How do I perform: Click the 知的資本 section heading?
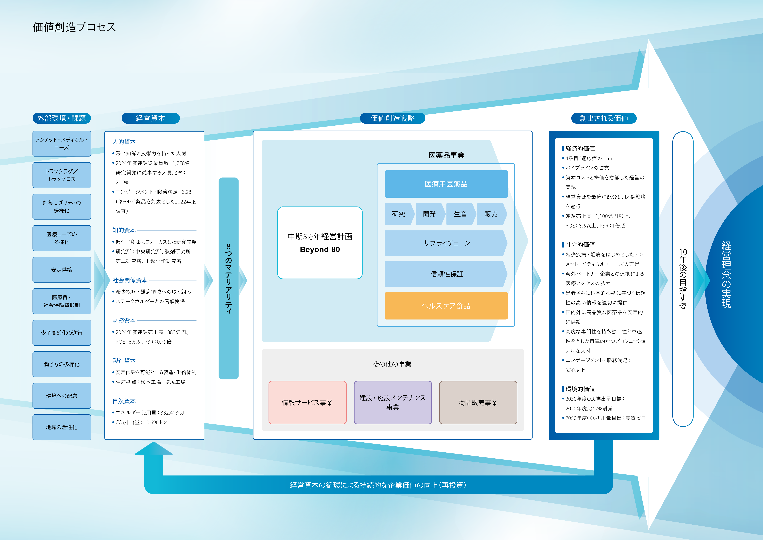click(x=124, y=230)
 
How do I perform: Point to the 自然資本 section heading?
click(x=124, y=401)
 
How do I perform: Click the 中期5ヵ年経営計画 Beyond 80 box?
click(x=320, y=243)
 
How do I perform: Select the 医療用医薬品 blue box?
click(x=446, y=184)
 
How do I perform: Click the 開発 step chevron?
click(x=429, y=214)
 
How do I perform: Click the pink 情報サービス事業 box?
click(x=307, y=402)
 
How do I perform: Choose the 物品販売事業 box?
click(x=478, y=402)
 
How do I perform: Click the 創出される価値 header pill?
click(x=604, y=118)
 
